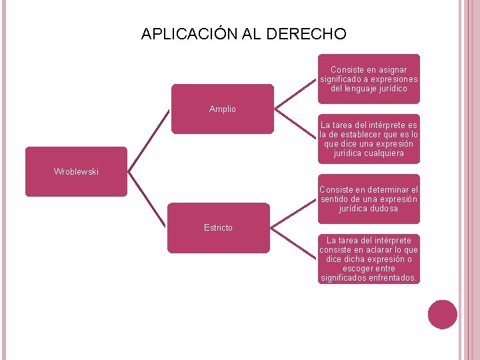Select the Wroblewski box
pyautogui.click(x=76, y=171)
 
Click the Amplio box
pyautogui.click(x=222, y=109)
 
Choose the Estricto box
pyautogui.click(x=218, y=228)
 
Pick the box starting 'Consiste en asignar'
pyautogui.click(x=369, y=79)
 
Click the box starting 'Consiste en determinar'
pyautogui.click(x=369, y=199)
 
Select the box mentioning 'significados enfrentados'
pyautogui.click(x=369, y=259)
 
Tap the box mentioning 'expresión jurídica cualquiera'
pyautogui.click(x=369, y=139)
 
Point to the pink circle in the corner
pyautogui.click(x=443, y=315)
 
